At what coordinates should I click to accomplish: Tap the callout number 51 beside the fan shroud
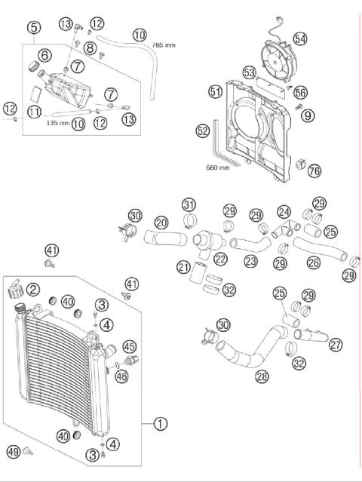(215, 91)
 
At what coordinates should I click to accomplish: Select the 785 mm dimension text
(164, 45)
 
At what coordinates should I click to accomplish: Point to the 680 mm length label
(217, 168)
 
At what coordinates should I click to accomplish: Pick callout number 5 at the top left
(33, 29)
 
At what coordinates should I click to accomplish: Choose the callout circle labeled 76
(314, 171)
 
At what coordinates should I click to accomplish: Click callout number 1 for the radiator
(160, 424)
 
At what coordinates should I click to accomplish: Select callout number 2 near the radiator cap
(33, 289)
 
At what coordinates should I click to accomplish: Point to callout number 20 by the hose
(161, 223)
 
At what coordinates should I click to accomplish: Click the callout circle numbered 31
(189, 204)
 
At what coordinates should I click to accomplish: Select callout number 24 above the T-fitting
(284, 212)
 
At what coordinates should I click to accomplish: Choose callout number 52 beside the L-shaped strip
(202, 130)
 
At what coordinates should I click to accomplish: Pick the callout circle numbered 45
(130, 346)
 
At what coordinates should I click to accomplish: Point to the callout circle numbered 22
(220, 259)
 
